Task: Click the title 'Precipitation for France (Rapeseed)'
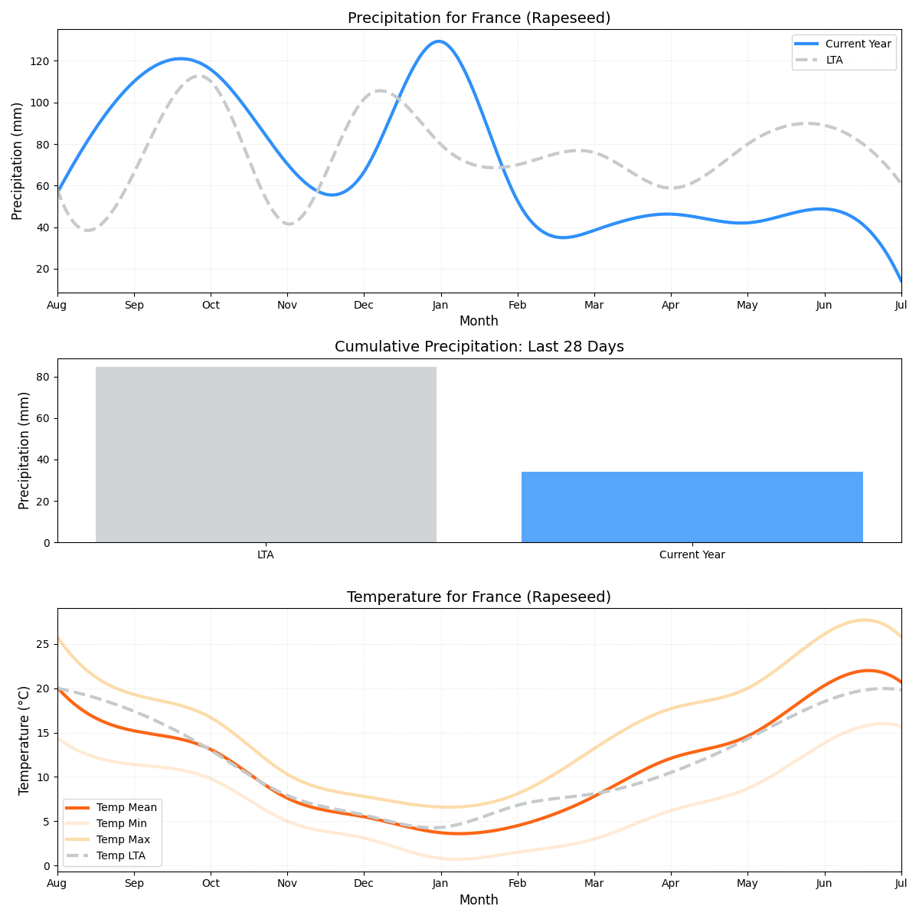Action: pos(479,18)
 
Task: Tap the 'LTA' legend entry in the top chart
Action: pos(834,60)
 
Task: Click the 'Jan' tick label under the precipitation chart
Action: pos(440,305)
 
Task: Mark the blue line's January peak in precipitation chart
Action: pos(438,41)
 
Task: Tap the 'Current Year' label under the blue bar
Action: pos(692,554)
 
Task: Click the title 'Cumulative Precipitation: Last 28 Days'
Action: pos(479,347)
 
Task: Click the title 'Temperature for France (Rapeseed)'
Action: pos(479,597)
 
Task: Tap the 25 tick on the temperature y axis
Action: pos(44,644)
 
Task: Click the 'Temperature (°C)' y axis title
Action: pos(24,740)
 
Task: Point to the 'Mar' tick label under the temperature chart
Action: pos(594,883)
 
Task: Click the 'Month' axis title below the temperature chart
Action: pos(479,900)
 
